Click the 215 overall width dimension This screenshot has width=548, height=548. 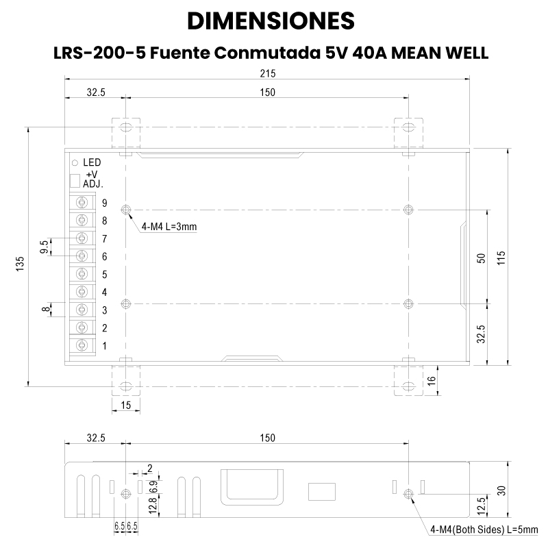(268, 73)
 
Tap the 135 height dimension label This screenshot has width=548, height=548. (21, 264)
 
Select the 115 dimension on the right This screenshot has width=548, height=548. (501, 258)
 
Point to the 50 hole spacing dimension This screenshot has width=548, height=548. (482, 258)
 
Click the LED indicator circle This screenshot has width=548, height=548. (75, 163)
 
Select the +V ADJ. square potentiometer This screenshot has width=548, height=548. (75, 181)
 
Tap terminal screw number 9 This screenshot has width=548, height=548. (82, 202)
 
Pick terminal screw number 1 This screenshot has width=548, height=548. (82, 345)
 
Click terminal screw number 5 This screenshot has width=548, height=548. (82, 273)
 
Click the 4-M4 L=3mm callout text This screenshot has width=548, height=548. (169, 227)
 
